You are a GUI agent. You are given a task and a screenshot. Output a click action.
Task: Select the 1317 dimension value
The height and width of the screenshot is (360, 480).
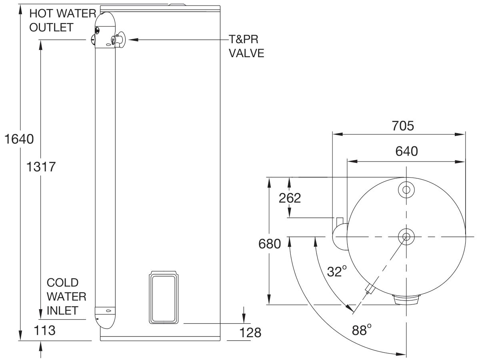(x=40, y=166)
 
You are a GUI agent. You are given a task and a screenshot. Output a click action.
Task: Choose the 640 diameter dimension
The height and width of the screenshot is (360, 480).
(x=406, y=151)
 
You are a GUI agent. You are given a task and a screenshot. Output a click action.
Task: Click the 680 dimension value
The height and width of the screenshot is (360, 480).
(x=270, y=244)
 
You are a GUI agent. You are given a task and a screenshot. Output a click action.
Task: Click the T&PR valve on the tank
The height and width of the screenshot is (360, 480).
(x=118, y=40)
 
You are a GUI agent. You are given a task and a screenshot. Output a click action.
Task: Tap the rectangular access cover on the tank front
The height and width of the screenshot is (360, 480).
(x=164, y=298)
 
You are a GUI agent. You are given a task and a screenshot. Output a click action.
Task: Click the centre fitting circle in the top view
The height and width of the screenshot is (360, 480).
(x=406, y=237)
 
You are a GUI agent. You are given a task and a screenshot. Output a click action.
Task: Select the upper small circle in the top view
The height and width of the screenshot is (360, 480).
(x=406, y=190)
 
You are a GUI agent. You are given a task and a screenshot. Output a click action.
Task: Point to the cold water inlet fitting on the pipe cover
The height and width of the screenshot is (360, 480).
(x=106, y=311)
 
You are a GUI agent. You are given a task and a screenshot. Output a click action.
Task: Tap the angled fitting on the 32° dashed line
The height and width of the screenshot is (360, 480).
(x=370, y=289)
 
